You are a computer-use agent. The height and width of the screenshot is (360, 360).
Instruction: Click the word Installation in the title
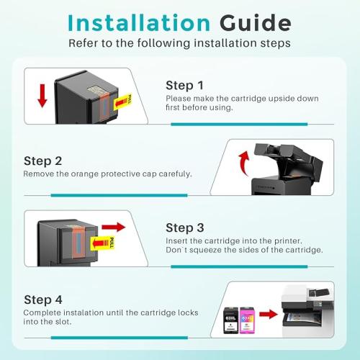(x=139, y=23)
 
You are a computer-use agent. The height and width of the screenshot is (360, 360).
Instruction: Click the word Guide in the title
(x=256, y=23)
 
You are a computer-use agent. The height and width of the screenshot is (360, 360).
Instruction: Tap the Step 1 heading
(x=184, y=85)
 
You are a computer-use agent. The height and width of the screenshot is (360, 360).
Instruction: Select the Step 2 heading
(x=42, y=161)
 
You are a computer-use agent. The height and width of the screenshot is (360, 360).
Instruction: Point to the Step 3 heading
(x=185, y=228)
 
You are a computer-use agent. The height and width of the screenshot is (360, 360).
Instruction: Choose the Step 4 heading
(x=43, y=300)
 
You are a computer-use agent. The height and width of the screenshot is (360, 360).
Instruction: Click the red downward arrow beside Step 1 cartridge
(x=42, y=96)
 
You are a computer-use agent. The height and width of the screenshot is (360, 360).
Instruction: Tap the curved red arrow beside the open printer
(x=243, y=163)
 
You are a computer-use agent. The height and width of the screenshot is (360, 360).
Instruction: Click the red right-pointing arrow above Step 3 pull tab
(x=114, y=227)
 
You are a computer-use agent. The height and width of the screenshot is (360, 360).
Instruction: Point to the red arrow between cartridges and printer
(x=269, y=314)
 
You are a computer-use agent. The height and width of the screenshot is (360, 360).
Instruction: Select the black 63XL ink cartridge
(x=230, y=320)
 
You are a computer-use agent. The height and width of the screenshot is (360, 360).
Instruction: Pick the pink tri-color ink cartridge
(x=247, y=320)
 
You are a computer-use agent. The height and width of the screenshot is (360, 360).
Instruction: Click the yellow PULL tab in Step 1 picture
(x=122, y=102)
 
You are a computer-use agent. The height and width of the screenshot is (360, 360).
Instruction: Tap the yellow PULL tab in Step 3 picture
(x=103, y=243)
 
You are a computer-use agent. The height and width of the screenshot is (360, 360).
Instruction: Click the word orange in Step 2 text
(x=85, y=174)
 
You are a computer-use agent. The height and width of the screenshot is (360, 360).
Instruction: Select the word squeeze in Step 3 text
(x=206, y=250)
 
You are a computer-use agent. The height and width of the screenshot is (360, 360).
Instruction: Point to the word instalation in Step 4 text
(x=84, y=312)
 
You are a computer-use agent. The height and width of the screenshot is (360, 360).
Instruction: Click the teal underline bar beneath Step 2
(x=119, y=195)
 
